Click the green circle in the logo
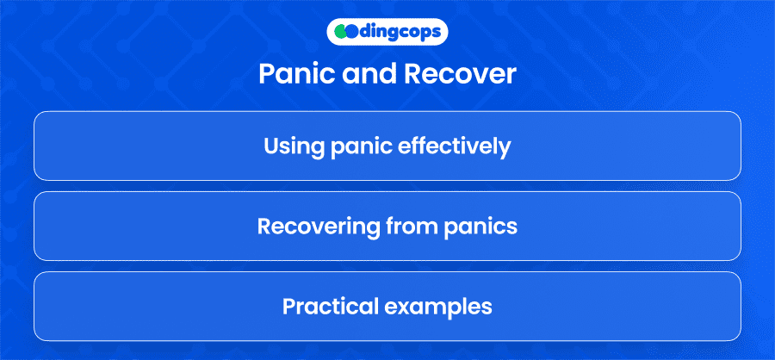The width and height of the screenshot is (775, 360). pos(339,32)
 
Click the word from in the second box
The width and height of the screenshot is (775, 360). pos(406,226)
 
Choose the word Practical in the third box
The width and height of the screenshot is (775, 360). pos(330,307)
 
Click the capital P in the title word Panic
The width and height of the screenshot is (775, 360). pos(266,75)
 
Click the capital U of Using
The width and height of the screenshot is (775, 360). pos(271,146)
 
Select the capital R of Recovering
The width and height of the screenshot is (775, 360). pos(264,226)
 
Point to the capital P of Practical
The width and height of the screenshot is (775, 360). pos(289,307)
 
